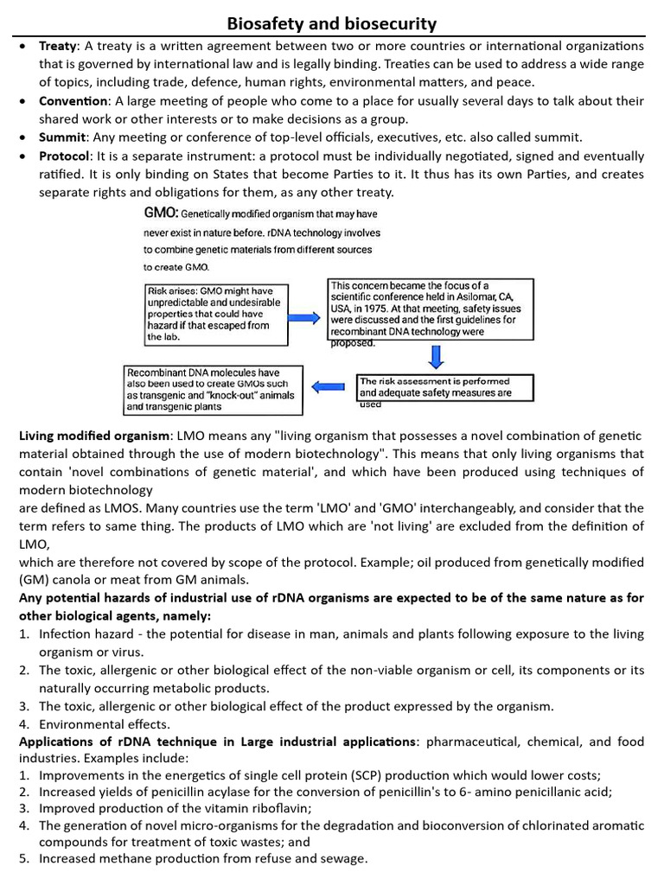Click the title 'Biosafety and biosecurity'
point(332,23)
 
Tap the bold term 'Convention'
point(70,101)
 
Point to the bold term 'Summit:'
point(63,137)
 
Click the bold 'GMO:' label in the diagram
point(162,213)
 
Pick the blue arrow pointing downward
point(437,355)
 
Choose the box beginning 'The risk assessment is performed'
point(444,387)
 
